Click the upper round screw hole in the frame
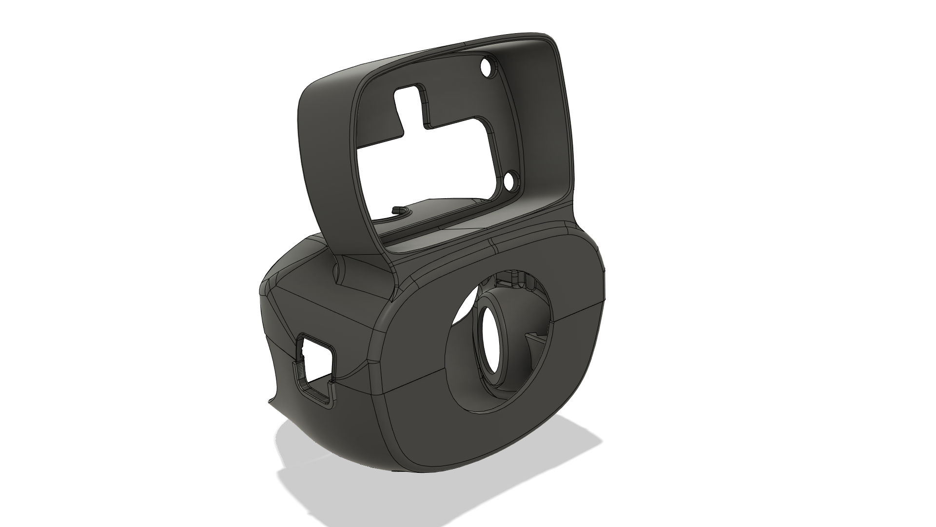(x=486, y=67)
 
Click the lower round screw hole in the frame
(x=512, y=182)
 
